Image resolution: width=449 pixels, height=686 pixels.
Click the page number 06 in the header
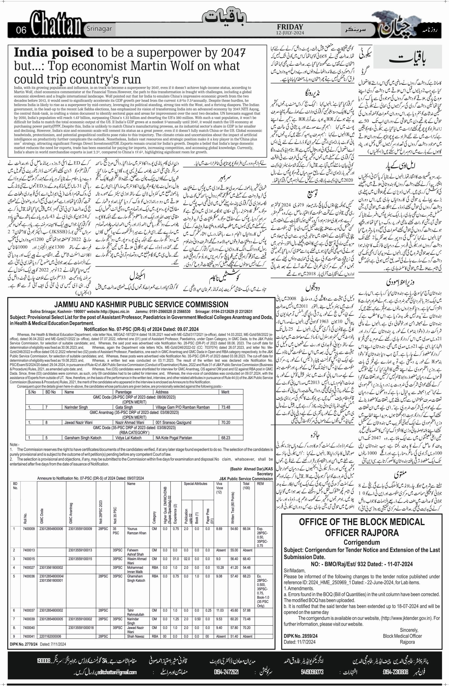tap(21, 30)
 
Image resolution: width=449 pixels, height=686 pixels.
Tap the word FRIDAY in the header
tap(289, 27)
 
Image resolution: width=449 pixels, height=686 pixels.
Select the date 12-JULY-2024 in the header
tap(289, 33)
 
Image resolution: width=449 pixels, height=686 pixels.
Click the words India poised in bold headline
tap(54, 53)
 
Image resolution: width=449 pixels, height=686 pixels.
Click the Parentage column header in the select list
tap(123, 392)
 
